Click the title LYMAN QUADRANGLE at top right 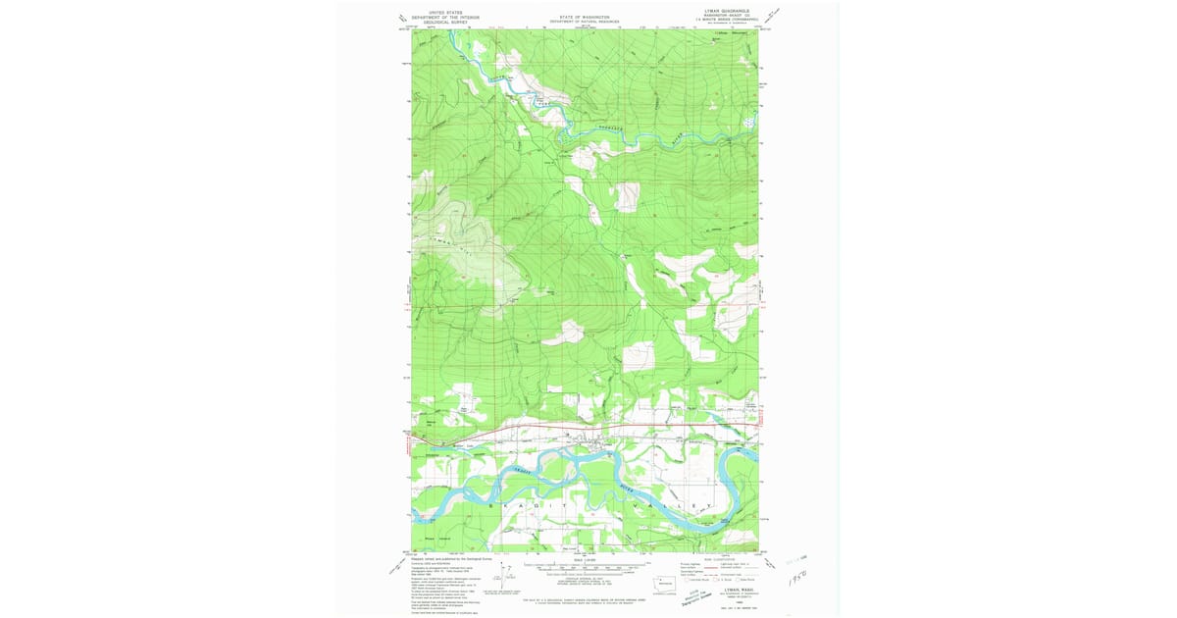coord(720,12)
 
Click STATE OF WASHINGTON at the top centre coord(585,17)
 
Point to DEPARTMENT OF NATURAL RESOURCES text coord(585,22)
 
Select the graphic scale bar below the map coord(585,566)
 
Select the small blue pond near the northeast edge coord(749,123)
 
